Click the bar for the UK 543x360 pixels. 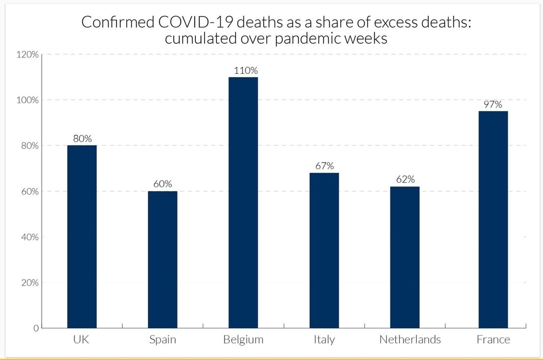click(82, 237)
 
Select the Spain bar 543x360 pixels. click(162, 260)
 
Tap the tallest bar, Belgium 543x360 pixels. click(243, 203)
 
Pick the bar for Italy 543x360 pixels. click(324, 251)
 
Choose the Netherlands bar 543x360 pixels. click(405, 257)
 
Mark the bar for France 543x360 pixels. click(493, 220)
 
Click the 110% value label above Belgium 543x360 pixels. click(246, 71)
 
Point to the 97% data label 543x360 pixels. click(493, 104)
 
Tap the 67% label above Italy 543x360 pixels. click(325, 166)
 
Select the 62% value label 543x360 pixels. click(406, 180)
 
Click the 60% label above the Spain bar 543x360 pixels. click(162, 184)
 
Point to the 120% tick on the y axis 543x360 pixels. click(28, 55)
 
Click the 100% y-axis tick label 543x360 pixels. click(28, 100)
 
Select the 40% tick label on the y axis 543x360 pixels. click(30, 237)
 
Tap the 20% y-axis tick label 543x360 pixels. click(30, 283)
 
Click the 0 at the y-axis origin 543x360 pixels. click(36, 328)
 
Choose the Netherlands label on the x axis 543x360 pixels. click(410, 340)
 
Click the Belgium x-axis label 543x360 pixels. click(243, 340)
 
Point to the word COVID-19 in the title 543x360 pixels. click(196, 22)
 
